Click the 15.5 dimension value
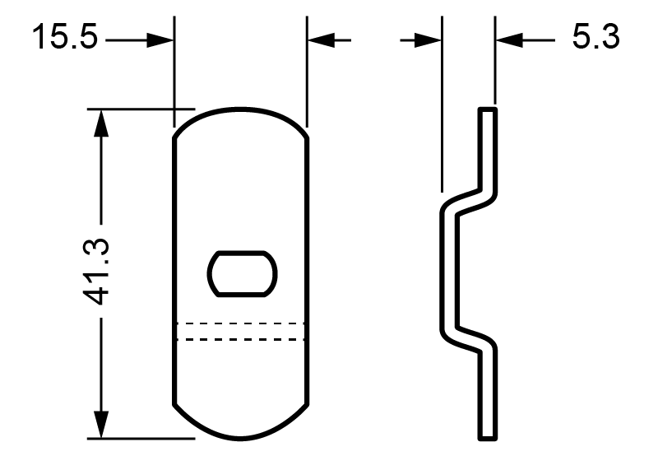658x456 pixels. click(64, 38)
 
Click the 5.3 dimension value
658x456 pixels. click(595, 38)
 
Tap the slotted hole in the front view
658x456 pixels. click(242, 273)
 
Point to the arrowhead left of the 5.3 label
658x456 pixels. click(507, 39)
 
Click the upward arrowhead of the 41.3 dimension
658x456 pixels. click(101, 120)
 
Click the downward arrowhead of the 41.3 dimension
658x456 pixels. click(101, 426)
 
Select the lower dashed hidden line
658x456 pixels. click(241, 339)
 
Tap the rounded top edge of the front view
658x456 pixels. click(241, 110)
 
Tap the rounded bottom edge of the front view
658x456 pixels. click(241, 435)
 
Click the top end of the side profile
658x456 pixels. click(488, 109)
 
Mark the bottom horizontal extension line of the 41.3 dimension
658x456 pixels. click(140, 437)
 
